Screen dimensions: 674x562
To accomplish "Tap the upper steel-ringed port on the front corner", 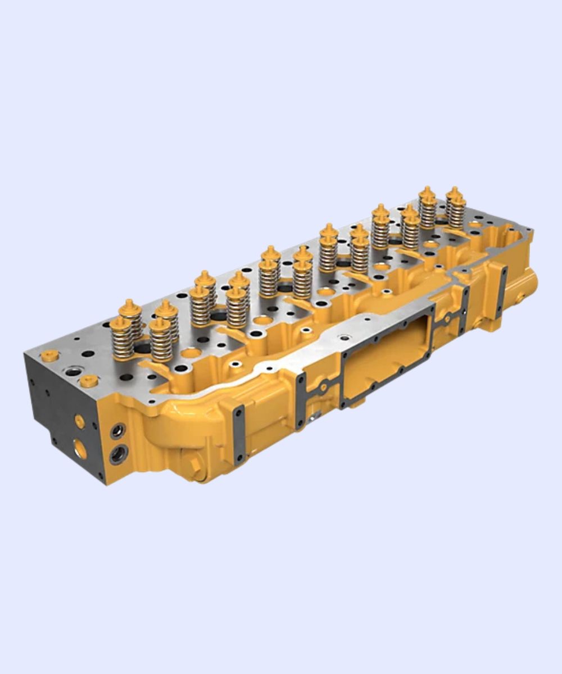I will pyautogui.click(x=117, y=431).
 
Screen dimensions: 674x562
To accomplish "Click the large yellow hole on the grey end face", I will pyautogui.click(x=81, y=448).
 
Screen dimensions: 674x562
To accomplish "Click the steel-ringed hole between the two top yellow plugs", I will pyautogui.click(x=72, y=371).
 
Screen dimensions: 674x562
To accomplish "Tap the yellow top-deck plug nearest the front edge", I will pyautogui.click(x=89, y=381).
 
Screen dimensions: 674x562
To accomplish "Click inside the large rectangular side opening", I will pyautogui.click(x=388, y=359).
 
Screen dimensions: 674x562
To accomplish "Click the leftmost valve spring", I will pyautogui.click(x=121, y=340).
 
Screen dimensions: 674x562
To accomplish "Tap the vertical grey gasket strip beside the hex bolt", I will pyautogui.click(x=239, y=435).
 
